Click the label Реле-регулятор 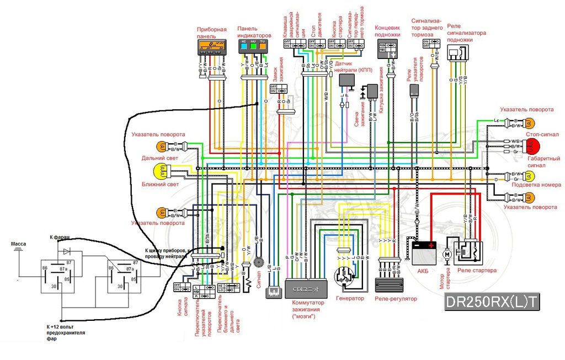tap(396, 298)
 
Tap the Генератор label tap(350, 298)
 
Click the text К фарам tap(60, 237)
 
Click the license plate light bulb tap(527, 176)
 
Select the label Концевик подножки tap(387, 31)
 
